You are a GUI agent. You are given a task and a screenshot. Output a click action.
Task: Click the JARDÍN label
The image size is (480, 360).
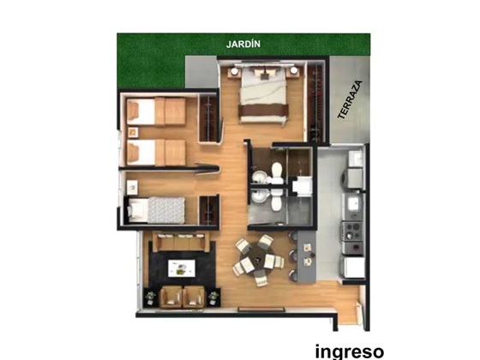point(243,44)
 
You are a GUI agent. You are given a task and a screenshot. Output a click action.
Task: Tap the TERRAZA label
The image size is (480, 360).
point(350,99)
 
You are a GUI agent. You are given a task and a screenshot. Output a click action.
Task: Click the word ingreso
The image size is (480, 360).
point(350,351)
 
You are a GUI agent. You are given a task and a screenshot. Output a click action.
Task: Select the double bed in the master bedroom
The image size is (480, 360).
point(264,94)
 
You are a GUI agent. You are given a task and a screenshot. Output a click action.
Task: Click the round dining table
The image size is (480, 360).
point(259,260)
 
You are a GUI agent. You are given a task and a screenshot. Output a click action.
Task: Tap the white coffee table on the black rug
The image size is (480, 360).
point(182,268)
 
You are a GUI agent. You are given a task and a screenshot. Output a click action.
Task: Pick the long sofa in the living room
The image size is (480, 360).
point(181,241)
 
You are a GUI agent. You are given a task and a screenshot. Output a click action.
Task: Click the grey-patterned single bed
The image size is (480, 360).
point(156,210)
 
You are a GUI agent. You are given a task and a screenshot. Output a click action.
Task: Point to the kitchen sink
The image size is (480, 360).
point(354,204)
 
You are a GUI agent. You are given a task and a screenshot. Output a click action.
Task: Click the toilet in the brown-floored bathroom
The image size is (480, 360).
point(277,173)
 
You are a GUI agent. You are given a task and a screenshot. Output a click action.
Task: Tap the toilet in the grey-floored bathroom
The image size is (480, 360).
point(276,200)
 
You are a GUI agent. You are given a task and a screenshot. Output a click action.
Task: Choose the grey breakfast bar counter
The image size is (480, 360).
point(307,256)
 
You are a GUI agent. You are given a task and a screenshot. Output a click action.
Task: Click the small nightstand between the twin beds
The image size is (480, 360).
point(133,132)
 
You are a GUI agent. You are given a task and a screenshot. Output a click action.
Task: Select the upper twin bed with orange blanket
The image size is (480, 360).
point(156,111)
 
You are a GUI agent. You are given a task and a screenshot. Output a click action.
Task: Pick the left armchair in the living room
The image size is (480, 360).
point(171,297)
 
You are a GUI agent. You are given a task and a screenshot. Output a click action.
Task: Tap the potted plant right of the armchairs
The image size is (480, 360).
point(213,297)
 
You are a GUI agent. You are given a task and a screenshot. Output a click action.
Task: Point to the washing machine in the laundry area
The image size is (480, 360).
point(352,178)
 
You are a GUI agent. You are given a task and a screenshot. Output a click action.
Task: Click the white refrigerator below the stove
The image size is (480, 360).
point(353,267)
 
